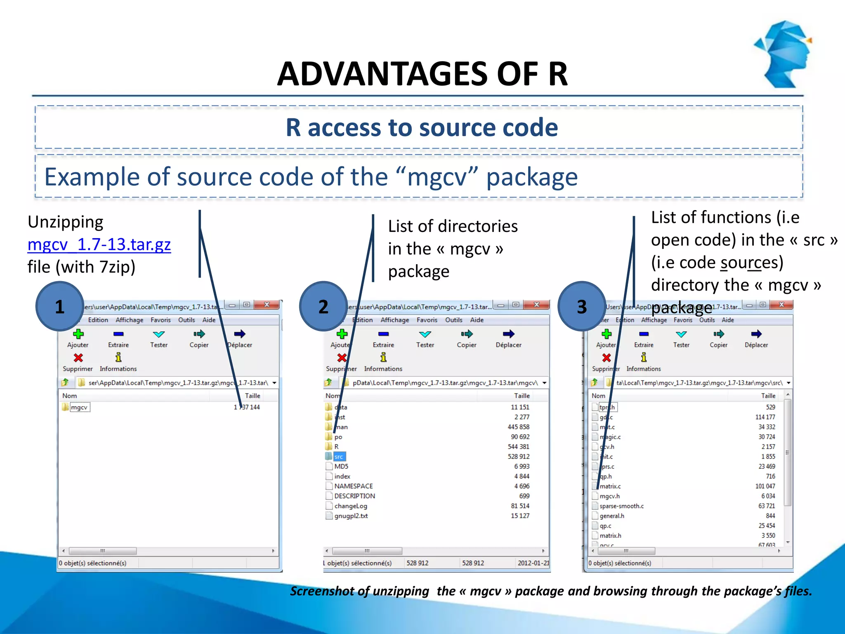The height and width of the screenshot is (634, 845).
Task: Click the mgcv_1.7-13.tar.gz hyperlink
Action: click(99, 244)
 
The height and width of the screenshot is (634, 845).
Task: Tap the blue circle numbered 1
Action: click(60, 306)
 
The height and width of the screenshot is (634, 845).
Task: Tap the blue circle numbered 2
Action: click(323, 306)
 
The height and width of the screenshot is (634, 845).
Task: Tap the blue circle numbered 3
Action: click(582, 306)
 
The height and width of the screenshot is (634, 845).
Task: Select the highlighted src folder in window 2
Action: click(338, 457)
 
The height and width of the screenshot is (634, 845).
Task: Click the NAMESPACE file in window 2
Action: click(353, 486)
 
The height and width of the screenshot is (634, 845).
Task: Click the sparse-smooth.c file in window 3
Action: click(621, 506)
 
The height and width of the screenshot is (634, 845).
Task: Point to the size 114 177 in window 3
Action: click(765, 417)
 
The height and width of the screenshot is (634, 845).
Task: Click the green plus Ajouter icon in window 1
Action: click(78, 334)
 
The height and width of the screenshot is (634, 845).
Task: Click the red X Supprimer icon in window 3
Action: click(606, 357)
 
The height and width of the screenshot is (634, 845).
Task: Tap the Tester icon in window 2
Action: click(425, 334)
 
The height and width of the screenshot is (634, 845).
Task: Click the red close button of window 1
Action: click(267, 305)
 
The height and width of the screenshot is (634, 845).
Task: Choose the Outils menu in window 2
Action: click(453, 320)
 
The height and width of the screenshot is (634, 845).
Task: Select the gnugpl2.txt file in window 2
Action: click(351, 516)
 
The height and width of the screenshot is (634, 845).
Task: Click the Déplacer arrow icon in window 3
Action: click(756, 334)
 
